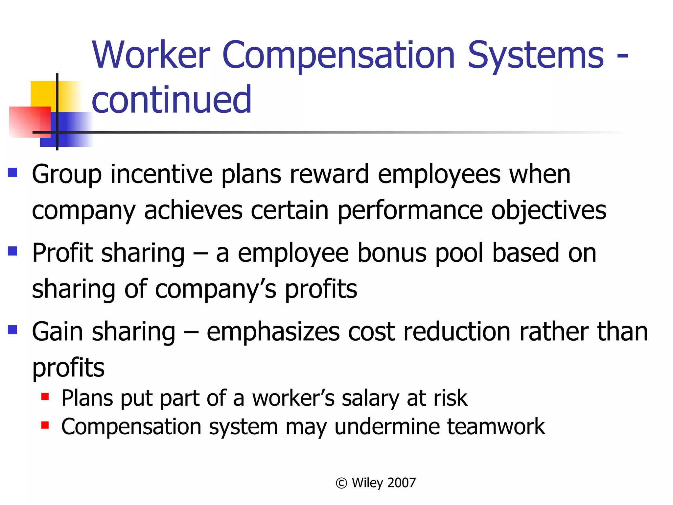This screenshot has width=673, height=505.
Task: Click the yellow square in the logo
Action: pyautogui.click(x=43, y=93)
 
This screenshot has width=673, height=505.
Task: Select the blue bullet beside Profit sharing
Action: pyautogui.click(x=12, y=251)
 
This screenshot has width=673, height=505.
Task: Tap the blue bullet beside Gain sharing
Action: pyautogui.click(x=12, y=329)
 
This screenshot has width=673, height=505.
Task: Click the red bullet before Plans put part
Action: pyautogui.click(x=45, y=397)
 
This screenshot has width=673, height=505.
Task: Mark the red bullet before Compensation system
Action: pyautogui.click(x=45, y=425)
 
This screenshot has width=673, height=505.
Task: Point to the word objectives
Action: pyautogui.click(x=548, y=210)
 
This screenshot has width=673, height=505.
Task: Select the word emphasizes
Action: pyautogui.click(x=273, y=332)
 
